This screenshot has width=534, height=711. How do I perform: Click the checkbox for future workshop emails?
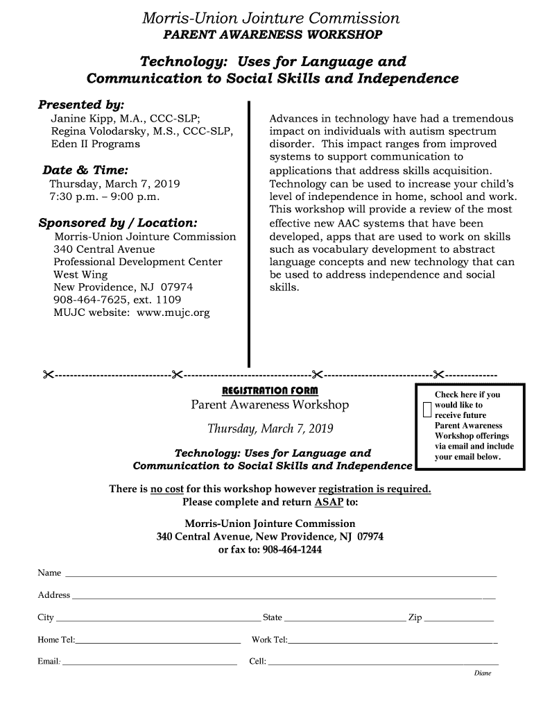coord(427,410)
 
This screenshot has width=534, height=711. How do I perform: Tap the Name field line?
coord(280,576)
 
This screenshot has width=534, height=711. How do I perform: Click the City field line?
coord(158,620)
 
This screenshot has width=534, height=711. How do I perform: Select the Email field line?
coord(150,664)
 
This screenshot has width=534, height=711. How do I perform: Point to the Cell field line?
coord(383,664)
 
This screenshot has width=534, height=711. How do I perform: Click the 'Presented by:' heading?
coord(81,105)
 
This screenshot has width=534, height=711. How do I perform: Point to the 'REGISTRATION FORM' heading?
coord(270,389)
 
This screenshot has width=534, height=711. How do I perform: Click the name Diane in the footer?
coord(483,674)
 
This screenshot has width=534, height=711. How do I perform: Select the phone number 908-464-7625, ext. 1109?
coord(117,300)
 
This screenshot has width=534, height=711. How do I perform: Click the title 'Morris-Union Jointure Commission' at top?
coord(270,18)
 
